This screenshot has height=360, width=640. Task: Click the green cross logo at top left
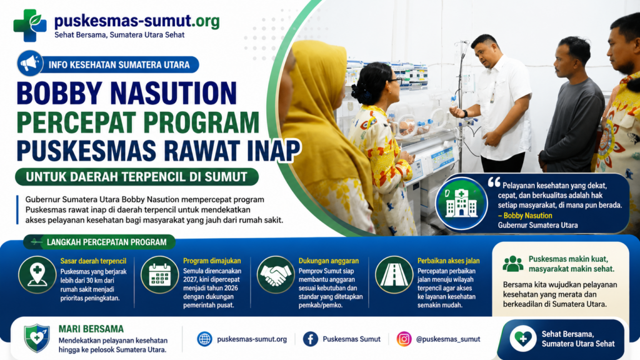pos(30,25)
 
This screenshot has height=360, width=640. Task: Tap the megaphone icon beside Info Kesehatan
pos(30,64)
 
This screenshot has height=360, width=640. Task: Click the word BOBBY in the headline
pos(60,94)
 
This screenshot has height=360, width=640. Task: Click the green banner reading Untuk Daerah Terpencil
pos(137,177)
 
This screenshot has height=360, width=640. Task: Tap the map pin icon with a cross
pos(37,275)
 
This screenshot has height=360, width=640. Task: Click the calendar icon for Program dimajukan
pos(159,275)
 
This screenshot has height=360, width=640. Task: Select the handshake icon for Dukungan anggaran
pos(276,275)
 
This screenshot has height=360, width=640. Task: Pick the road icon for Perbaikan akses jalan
pos(394,275)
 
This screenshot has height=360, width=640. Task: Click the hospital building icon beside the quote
pos(461,203)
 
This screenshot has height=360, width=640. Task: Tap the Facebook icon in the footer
pos(311,339)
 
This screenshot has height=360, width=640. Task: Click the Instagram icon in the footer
pos(404,339)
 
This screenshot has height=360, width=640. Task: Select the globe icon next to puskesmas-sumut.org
pos(204,339)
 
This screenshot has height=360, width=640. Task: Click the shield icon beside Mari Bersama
pos(37,338)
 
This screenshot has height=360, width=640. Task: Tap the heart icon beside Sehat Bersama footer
pos(523,338)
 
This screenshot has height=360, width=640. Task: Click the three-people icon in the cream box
pos(513,264)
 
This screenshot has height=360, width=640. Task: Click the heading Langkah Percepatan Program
pos(106,242)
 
